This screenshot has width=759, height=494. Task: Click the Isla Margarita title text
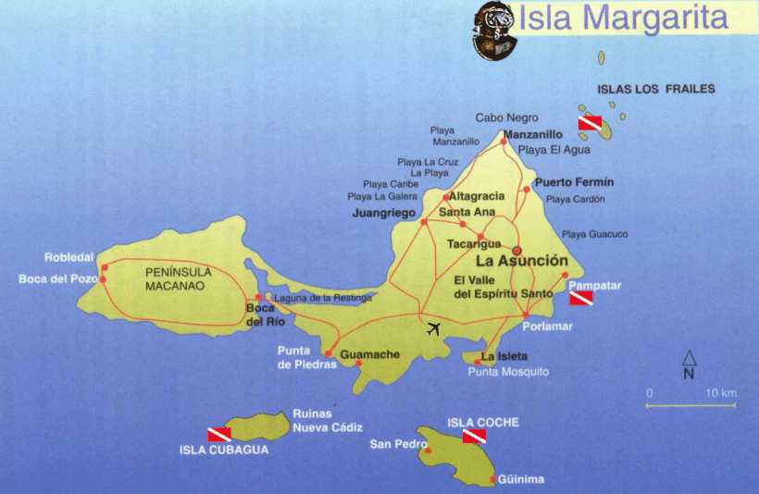(623, 18)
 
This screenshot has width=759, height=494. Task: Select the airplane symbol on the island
(434, 327)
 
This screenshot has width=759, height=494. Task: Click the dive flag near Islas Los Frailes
(590, 122)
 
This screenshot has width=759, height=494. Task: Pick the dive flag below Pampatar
(580, 299)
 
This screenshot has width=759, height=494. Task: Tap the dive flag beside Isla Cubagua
(218, 433)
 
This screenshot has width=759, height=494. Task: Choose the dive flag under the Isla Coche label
(474, 436)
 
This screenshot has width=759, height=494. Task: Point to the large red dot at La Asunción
(517, 250)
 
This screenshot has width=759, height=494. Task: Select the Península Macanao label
(179, 278)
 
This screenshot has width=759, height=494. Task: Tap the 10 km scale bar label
(720, 394)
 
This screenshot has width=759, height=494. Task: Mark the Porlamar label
(547, 327)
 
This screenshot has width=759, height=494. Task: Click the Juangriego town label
(384, 213)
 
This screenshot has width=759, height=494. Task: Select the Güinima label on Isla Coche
(520, 479)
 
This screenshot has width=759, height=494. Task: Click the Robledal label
(69, 257)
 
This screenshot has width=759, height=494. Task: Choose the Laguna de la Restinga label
(323, 298)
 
